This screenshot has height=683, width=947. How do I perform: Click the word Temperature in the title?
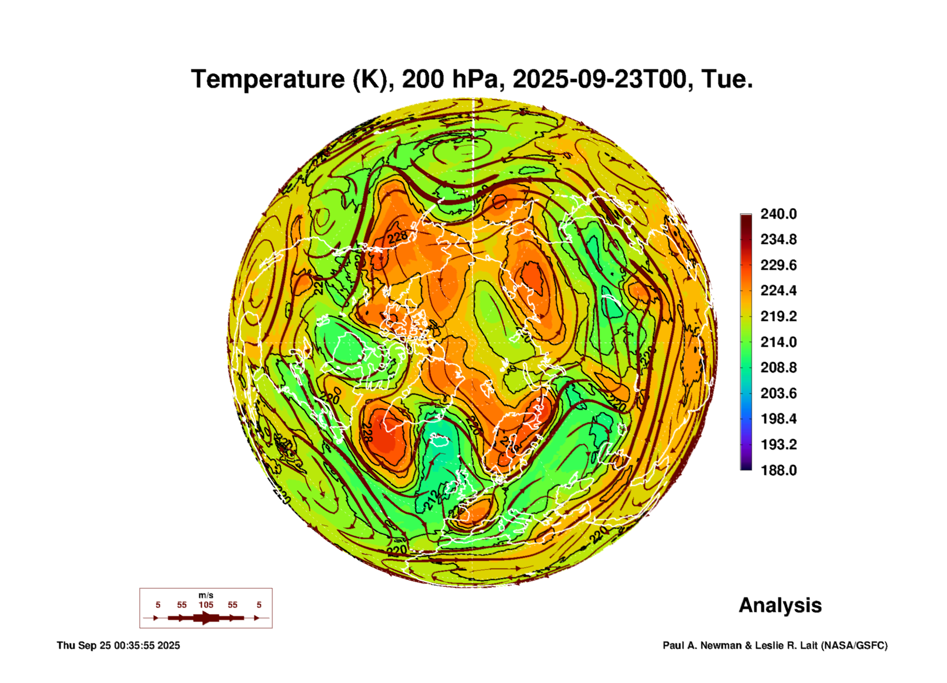[268, 79]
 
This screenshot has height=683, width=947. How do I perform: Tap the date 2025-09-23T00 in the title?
[599, 79]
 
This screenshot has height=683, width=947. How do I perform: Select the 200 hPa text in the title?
[450, 79]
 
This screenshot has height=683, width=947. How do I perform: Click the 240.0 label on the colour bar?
[779, 214]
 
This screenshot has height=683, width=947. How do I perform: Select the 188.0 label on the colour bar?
[779, 470]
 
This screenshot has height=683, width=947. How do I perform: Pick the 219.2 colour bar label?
[779, 316]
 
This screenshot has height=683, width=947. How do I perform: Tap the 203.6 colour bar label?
[779, 393]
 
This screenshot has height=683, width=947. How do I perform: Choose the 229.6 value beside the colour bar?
[779, 265]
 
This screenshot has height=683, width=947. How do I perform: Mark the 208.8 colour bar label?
[779, 368]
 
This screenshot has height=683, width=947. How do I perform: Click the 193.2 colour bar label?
[779, 445]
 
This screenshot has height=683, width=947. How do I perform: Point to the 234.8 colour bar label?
[779, 239]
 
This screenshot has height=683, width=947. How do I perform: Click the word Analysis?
[780, 605]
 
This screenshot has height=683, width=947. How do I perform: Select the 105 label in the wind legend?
[206, 605]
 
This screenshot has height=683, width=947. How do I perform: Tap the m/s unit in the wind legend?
[206, 595]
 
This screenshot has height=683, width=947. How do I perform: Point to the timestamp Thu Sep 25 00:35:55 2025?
[118, 645]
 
